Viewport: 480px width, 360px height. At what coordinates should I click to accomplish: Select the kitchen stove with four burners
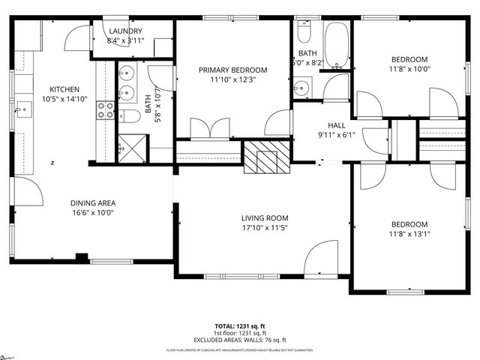tap(105, 110)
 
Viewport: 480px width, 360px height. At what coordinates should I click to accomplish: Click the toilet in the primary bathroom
tap(130, 115)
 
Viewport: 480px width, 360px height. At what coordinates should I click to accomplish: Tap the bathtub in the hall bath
tap(336, 45)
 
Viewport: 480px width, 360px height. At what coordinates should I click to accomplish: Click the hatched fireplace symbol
tap(265, 157)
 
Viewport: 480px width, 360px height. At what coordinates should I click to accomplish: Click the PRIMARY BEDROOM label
tap(232, 70)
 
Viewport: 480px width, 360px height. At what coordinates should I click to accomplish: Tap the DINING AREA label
tap(93, 202)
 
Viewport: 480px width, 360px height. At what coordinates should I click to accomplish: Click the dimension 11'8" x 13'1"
tap(409, 233)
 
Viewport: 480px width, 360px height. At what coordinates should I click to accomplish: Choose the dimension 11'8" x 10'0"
tap(409, 69)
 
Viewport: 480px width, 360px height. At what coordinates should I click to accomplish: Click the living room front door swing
tap(322, 259)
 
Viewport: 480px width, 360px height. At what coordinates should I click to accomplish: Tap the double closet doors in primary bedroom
tap(210, 128)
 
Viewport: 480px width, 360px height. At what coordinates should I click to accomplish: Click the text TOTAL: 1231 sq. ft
tap(239, 326)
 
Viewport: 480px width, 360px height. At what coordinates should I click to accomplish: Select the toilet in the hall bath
tap(304, 33)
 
